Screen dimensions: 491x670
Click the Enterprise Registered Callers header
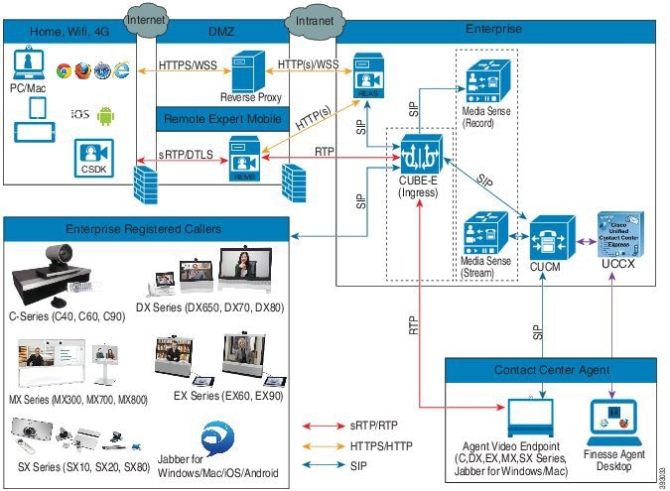(144, 228)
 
